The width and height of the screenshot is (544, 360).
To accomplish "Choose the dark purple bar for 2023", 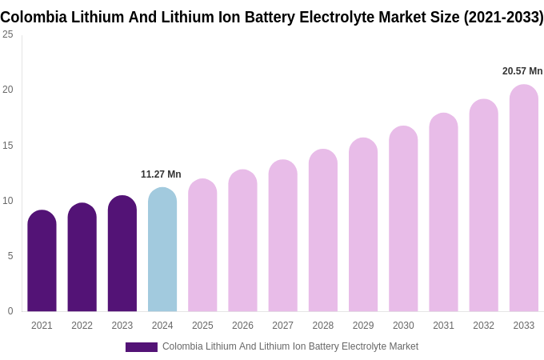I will (122, 254).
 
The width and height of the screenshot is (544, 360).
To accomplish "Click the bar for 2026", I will (242, 241).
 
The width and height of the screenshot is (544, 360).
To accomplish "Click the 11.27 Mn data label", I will (161, 174).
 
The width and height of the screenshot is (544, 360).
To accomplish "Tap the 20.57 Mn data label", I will (522, 71).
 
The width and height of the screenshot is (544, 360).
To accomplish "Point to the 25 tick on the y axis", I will (8, 34).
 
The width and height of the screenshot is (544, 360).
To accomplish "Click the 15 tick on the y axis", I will (8, 145).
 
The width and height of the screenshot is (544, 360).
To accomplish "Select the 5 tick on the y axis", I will (10, 256).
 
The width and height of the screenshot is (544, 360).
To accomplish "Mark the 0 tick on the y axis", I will (10, 311).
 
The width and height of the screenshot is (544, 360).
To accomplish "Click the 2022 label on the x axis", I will (82, 326).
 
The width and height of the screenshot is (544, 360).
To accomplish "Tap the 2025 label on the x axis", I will (202, 326).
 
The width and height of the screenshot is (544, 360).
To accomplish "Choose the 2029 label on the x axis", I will (363, 326).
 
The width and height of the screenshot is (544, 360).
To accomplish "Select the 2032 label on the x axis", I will (483, 326).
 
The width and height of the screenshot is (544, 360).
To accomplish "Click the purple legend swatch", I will (142, 347).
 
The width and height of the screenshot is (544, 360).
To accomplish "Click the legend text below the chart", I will (290, 346).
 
